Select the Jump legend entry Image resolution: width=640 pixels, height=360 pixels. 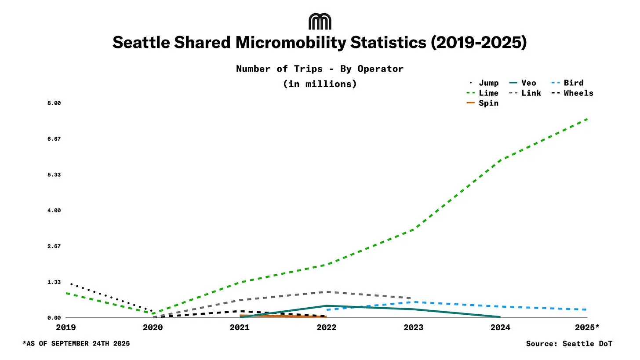coord(484,83)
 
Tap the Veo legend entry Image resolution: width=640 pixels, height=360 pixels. coord(523,83)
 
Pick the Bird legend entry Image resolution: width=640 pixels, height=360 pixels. coord(568,83)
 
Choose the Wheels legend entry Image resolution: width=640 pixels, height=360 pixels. coord(573,93)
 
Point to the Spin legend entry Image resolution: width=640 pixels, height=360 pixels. coord(483,103)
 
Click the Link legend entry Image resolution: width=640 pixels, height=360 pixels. coord(525,93)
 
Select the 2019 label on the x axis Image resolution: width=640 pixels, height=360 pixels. coord(66,327)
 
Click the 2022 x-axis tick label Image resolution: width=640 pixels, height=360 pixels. coord(327,327)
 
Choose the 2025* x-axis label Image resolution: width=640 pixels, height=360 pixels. coord(587,327)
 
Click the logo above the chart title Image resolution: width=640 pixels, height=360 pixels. coord(320,22)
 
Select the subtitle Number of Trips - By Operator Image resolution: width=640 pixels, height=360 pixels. coord(320,69)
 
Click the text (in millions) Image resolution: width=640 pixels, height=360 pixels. coord(320,84)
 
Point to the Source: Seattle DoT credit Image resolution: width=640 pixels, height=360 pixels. coord(569,344)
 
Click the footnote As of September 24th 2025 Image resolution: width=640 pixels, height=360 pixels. coord(76,344)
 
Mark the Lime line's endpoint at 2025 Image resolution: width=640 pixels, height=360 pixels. coord(587,119)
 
